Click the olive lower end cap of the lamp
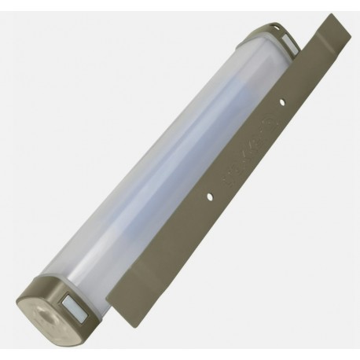[x=55, y=303]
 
